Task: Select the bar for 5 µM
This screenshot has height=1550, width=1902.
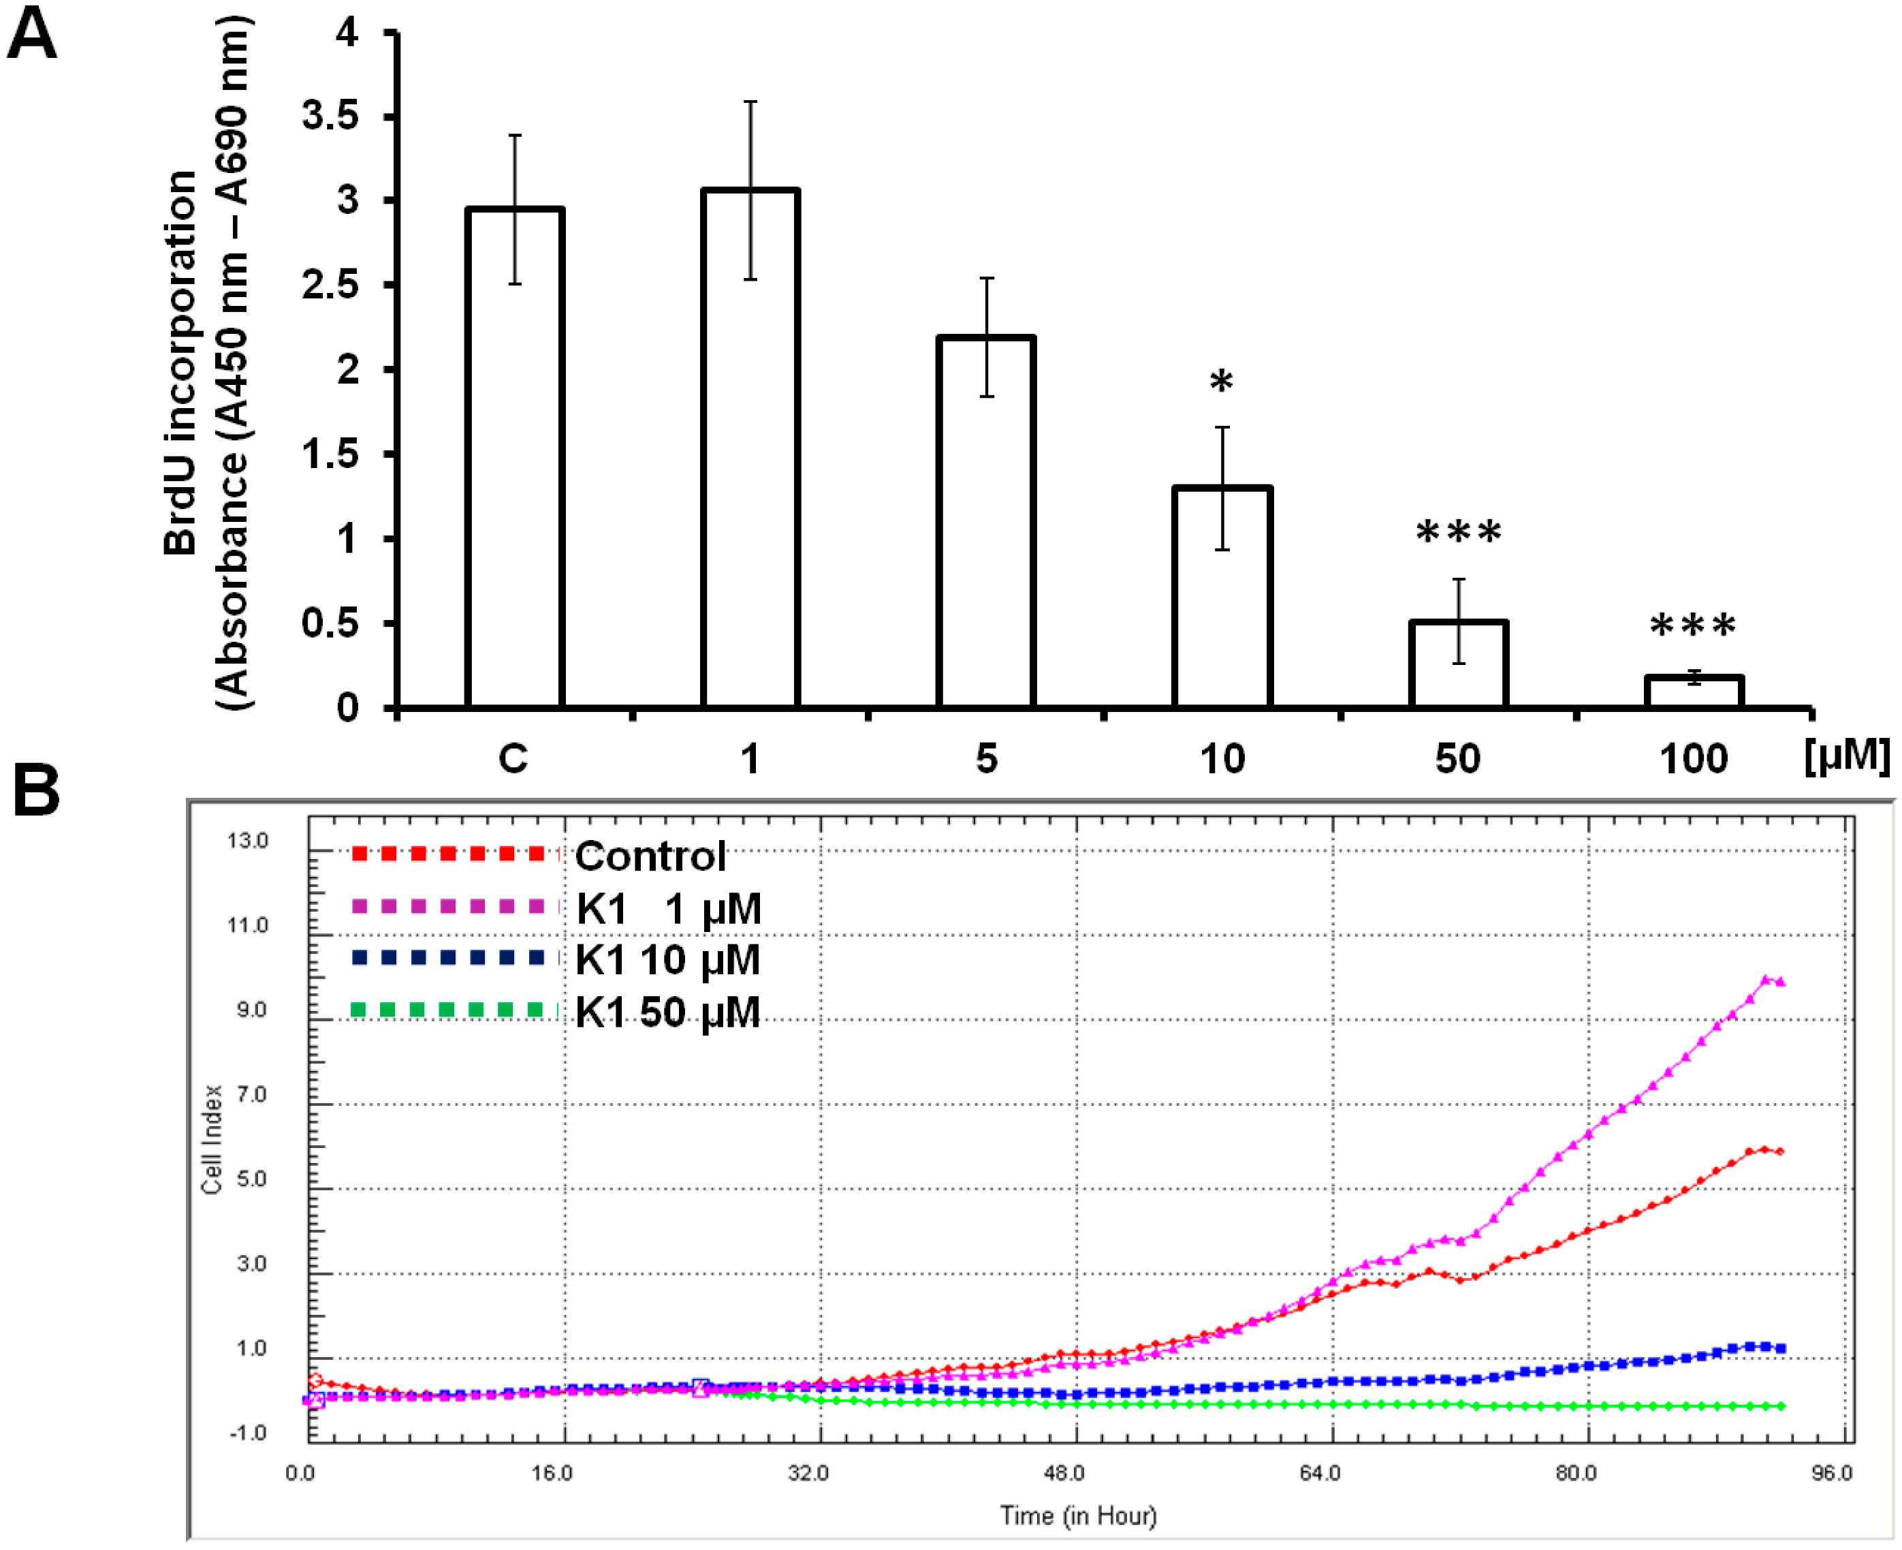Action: pyautogui.click(x=985, y=523)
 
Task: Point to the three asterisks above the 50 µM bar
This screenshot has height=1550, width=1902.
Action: pyautogui.click(x=1459, y=533)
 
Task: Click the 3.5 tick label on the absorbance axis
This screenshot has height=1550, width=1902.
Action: pyautogui.click(x=330, y=116)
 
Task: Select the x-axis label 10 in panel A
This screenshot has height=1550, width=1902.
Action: pyautogui.click(x=1221, y=759)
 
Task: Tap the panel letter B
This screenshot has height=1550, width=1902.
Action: pyautogui.click(x=35, y=791)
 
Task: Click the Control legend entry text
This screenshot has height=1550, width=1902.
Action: pyautogui.click(x=650, y=856)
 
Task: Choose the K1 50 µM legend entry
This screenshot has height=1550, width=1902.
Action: pyautogui.click(x=667, y=1012)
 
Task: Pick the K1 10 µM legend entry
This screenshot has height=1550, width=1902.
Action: pyautogui.click(x=667, y=961)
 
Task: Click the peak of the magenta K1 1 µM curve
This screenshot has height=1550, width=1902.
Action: pyautogui.click(x=1765, y=980)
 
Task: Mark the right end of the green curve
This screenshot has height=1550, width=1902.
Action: pyautogui.click(x=1781, y=1407)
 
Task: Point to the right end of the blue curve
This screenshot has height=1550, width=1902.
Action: pyautogui.click(x=1781, y=1348)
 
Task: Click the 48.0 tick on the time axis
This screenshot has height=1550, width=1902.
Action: pyautogui.click(x=1064, y=1473)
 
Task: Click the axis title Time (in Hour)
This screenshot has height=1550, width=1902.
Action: pyautogui.click(x=1077, y=1516)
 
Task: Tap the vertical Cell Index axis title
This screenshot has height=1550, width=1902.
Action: pyautogui.click(x=212, y=1139)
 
